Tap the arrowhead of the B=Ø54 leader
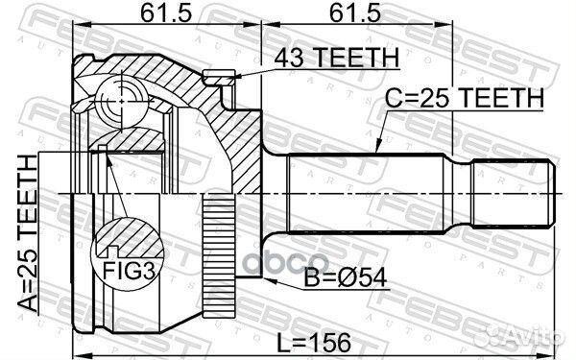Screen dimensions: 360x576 [266, 280]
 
